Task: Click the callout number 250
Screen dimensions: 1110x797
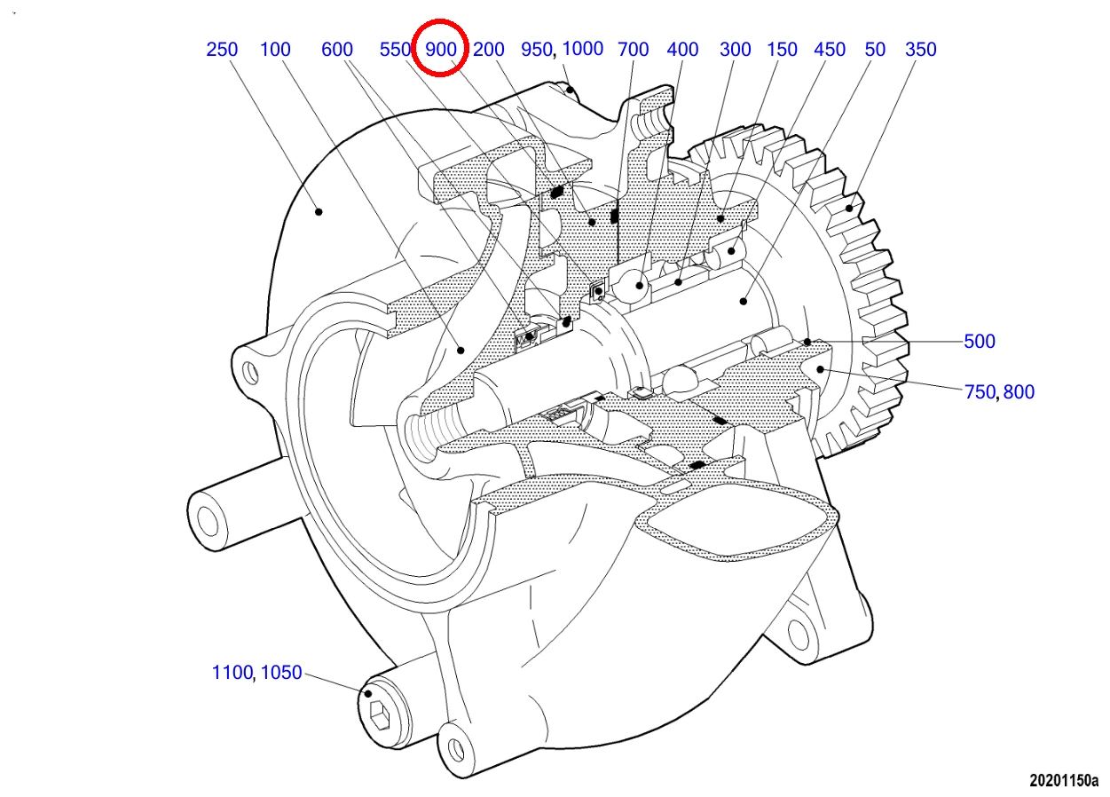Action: pos(222,50)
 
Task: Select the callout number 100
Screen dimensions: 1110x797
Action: pos(275,50)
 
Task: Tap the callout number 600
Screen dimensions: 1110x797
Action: pos(337,50)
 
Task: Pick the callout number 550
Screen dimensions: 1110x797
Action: pos(395,50)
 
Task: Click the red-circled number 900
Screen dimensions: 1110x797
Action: pos(440,50)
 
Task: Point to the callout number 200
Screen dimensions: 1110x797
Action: pos(489,50)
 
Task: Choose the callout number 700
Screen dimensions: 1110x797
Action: pos(634,50)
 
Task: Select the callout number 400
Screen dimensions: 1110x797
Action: pos(682,50)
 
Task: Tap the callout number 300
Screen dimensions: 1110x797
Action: pos(736,50)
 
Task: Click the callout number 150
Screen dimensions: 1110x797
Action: pos(782,50)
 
